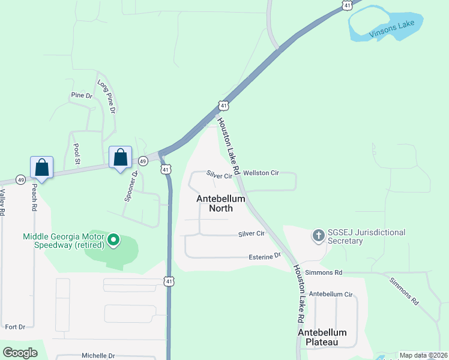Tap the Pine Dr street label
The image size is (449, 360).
pyautogui.click(x=82, y=95)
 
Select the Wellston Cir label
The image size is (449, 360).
pyautogui.click(x=261, y=173)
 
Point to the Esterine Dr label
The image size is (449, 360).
pyautogui.click(x=265, y=256)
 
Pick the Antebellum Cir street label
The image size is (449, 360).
pyautogui.click(x=331, y=295)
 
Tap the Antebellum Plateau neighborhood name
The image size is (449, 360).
pyautogui.click(x=322, y=337)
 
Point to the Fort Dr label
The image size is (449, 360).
pyautogui.click(x=15, y=327)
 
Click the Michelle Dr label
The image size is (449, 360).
pyautogui.click(x=98, y=355)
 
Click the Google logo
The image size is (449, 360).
pyautogui.click(x=20, y=353)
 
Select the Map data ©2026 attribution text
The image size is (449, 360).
pyautogui.click(x=423, y=355)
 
